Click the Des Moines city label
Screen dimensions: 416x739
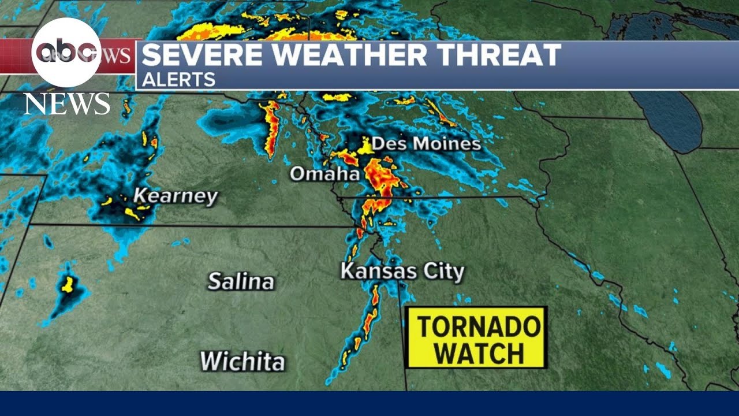point(426,144)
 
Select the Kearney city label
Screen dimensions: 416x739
point(176,196)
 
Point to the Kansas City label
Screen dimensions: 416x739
point(402,272)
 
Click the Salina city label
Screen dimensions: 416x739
point(241,282)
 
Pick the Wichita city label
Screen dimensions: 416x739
point(242,362)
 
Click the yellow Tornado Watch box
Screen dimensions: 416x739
point(476,337)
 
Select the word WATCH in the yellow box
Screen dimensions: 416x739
point(477,352)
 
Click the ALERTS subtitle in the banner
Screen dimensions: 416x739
point(178,79)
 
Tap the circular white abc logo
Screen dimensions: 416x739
point(66,53)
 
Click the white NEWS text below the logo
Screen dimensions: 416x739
point(66,104)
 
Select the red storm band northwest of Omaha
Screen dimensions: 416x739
point(270,127)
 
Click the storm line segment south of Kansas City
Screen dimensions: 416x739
point(368,318)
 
